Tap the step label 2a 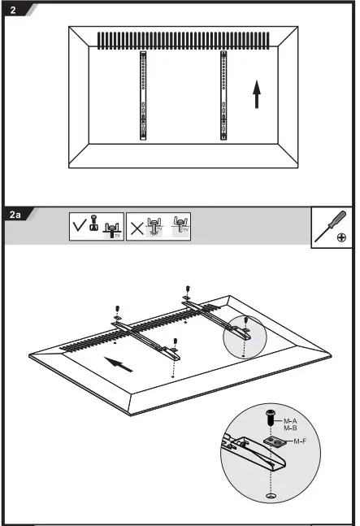point(15,215)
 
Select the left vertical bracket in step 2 point(142,96)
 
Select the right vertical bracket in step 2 point(222,96)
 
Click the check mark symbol point(79,227)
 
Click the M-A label point(289,421)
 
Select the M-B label point(289,428)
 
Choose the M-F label point(300,441)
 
